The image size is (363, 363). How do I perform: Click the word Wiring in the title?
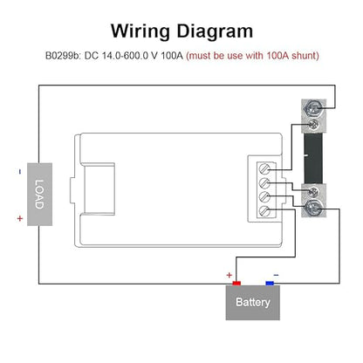coord(140,31)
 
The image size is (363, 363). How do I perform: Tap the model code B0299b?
coord(63,55)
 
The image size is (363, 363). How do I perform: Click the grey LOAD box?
coord(39,195)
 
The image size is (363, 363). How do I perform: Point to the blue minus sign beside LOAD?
coord(20,172)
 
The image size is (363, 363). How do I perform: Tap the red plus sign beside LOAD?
coord(20,218)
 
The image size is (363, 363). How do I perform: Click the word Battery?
coord(253,302)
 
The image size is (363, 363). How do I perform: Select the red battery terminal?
coord(236,283)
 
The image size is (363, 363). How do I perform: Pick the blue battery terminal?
coord(270,283)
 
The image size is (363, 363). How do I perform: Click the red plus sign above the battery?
coord(229,275)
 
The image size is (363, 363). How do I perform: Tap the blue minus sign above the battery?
coord(276,275)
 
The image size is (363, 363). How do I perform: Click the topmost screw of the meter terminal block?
coord(264,169)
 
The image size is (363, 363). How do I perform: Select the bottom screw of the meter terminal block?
coord(264,210)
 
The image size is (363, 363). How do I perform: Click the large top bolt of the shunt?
coord(313,107)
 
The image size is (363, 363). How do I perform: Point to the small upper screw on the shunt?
coord(313,125)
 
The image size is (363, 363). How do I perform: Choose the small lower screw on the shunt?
coord(313,191)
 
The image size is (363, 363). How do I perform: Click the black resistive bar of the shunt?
coord(313,158)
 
